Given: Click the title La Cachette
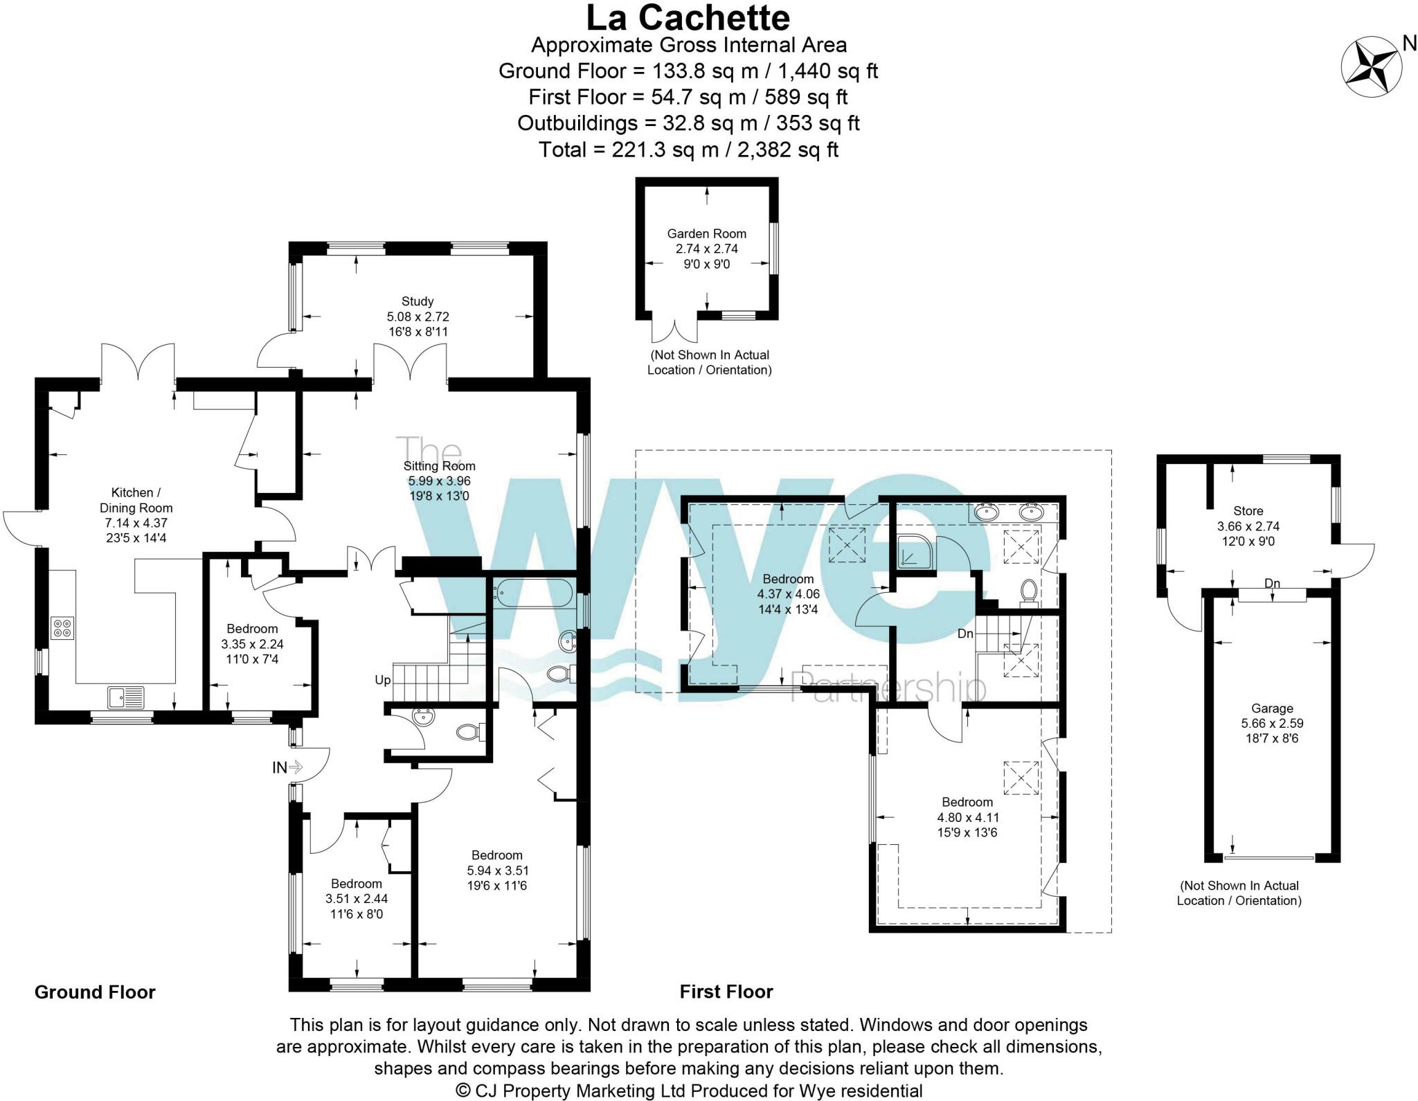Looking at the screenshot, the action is [688, 18].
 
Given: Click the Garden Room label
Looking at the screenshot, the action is [706, 233].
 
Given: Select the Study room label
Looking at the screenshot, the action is [418, 301].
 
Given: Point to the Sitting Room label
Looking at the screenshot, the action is [439, 466].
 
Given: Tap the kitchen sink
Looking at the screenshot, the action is [125, 697].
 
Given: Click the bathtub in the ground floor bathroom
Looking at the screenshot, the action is [532, 593].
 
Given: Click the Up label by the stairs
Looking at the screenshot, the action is [383, 680].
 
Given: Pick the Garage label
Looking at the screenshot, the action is [1272, 708].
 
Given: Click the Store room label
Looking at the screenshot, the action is [1248, 511].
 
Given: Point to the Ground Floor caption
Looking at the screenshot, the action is [95, 992].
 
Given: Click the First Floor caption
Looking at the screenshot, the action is [726, 992].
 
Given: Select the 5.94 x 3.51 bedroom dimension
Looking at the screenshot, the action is [497, 870].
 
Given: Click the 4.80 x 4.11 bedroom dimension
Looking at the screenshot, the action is [967, 817].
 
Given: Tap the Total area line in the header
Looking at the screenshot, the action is [688, 150].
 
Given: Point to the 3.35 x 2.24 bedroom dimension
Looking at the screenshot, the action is [252, 644].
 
